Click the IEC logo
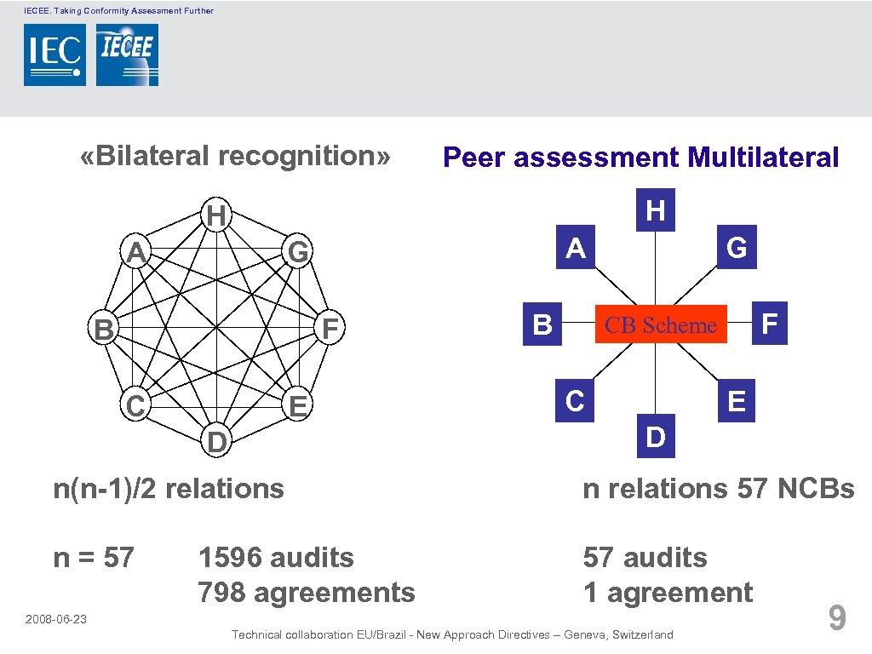54,54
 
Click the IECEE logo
127,54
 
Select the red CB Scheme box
660,324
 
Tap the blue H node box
655,209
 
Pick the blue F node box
770,324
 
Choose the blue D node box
655,437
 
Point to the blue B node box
542,324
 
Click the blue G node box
737,248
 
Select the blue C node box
575,400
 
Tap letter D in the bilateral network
217,443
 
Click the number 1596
232,558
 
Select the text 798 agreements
307,593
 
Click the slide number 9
837,617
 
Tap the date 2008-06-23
56,619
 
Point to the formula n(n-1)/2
106,489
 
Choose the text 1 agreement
668,593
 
